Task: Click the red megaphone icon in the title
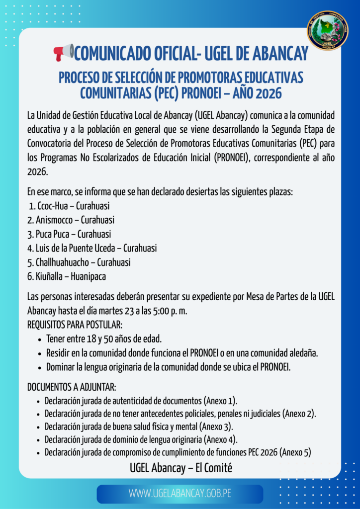pyautogui.click(x=64, y=52)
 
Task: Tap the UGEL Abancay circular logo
pyautogui.click(x=327, y=31)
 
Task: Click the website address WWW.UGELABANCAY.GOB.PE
pyautogui.click(x=180, y=494)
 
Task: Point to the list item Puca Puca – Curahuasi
pyautogui.click(x=69, y=234)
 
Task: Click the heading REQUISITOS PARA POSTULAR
pyautogui.click(x=75, y=325)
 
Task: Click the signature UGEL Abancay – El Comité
pyautogui.click(x=181, y=468)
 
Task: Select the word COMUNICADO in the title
pyautogui.click(x=119, y=53)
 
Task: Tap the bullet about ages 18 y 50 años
pyautogui.click(x=104, y=339)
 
